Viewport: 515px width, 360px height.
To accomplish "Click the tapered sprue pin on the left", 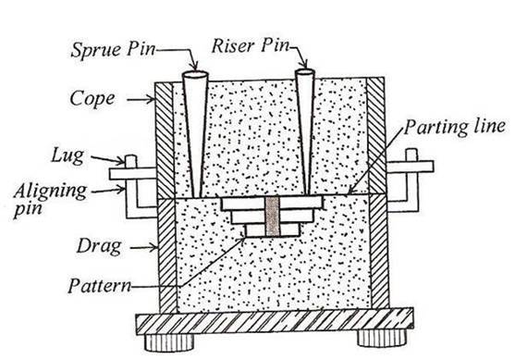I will click(x=194, y=130).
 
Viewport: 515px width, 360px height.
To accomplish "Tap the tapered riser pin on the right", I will click(x=304, y=130).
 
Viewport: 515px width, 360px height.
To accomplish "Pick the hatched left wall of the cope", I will click(x=165, y=139).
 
